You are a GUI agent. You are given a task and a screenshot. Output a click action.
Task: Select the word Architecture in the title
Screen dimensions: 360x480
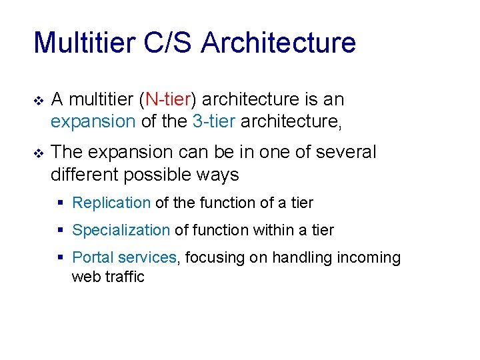(278, 43)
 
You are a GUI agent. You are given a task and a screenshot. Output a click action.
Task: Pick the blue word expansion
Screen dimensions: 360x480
(93, 121)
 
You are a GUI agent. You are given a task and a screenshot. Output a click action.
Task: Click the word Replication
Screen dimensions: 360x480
(111, 203)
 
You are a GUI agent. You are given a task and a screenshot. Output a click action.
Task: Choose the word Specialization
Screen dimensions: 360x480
(121, 230)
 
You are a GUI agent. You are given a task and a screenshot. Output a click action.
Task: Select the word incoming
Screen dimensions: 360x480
(367, 257)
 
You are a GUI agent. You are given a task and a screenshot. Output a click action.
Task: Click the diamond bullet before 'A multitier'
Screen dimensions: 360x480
(38, 101)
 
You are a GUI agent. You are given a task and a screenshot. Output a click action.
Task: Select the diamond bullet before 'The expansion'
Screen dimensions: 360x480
(38, 153)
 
